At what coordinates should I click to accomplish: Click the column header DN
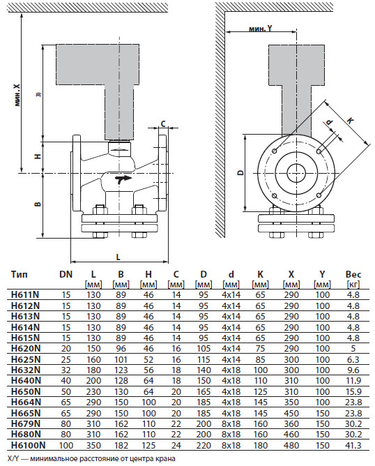click(66, 276)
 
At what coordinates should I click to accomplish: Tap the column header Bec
click(353, 276)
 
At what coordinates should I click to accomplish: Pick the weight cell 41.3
click(353, 444)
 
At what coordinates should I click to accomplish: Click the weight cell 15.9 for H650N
click(353, 391)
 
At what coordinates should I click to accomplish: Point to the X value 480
click(291, 444)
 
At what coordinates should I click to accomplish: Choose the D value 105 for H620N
click(203, 347)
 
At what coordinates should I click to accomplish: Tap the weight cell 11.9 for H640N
click(353, 379)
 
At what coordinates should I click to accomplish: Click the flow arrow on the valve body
click(124, 181)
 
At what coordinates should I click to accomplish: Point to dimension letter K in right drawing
click(350, 120)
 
